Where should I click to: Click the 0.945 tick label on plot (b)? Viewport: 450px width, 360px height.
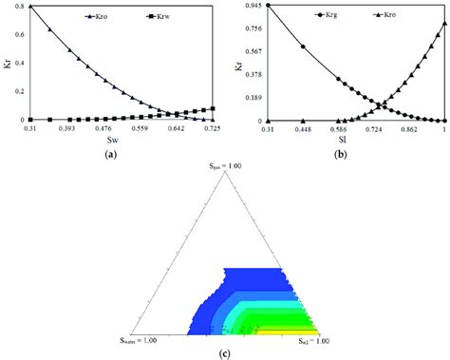(253, 6)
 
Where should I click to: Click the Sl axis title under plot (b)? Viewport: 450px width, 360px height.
(356, 139)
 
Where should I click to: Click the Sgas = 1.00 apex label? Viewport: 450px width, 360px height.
(224, 165)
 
